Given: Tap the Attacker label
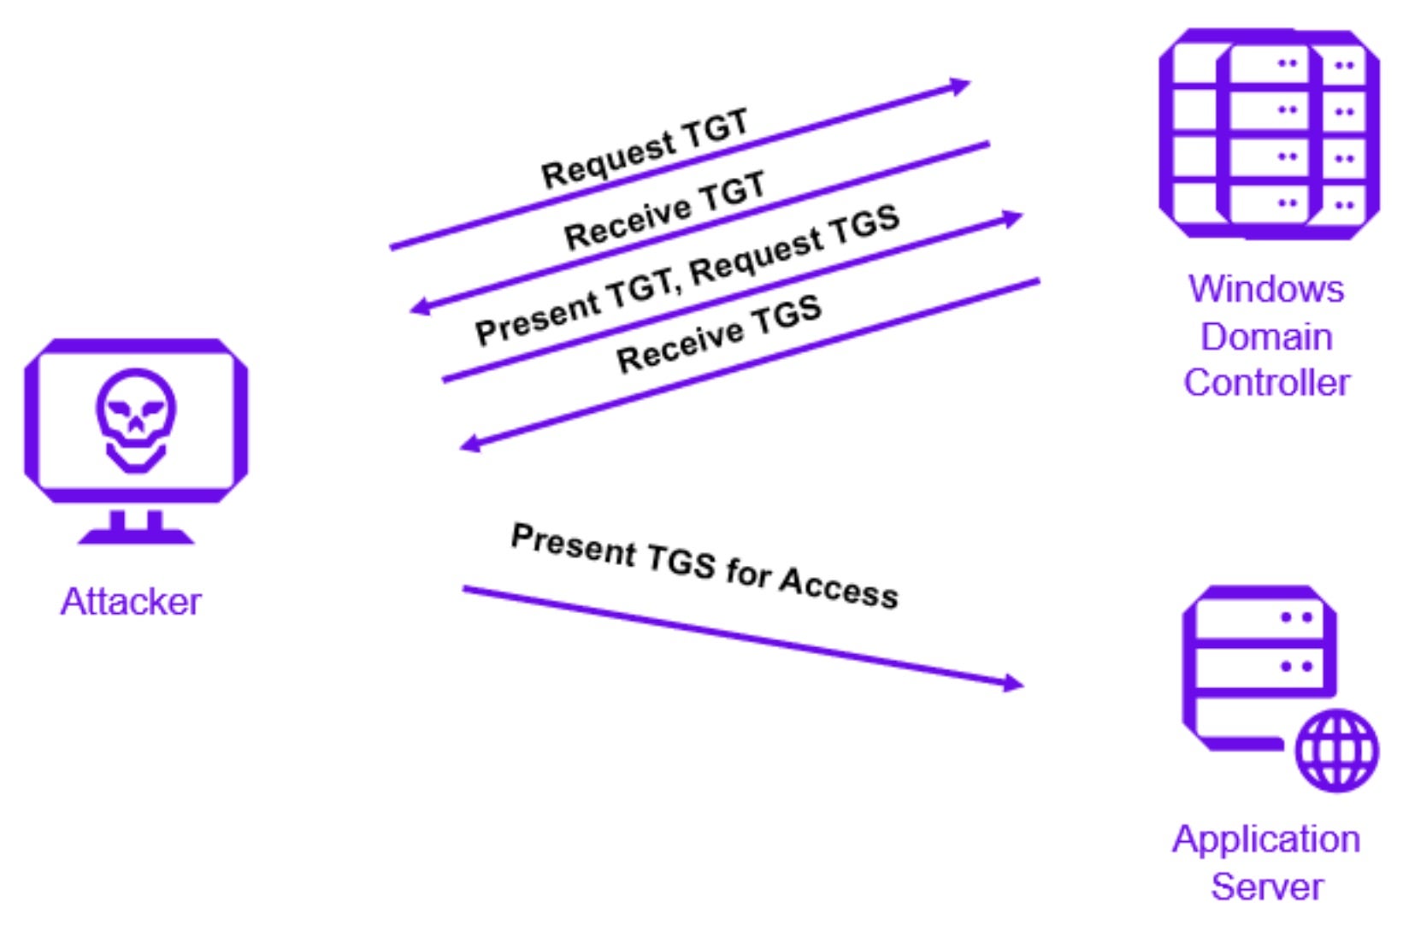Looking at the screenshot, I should point(131,602).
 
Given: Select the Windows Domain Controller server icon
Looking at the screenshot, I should point(1268,133).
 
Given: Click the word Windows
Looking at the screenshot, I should point(1266,289).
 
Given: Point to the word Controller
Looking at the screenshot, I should point(1266,382).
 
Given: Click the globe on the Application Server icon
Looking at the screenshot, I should point(1336,750).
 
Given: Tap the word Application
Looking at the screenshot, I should point(1266,840).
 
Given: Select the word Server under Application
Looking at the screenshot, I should point(1266,887).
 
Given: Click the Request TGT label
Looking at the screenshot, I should point(645,148).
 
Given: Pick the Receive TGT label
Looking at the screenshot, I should point(664,210).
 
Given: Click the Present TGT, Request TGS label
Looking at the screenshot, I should point(687,274).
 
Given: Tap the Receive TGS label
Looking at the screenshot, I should point(719,333).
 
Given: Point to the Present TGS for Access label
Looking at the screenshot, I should point(704,566).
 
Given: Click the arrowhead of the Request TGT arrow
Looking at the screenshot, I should point(962,85).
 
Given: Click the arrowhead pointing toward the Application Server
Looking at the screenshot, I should point(1014,682).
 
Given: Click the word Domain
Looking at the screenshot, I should point(1266,337).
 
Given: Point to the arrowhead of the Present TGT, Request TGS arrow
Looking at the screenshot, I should point(1014,218).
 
